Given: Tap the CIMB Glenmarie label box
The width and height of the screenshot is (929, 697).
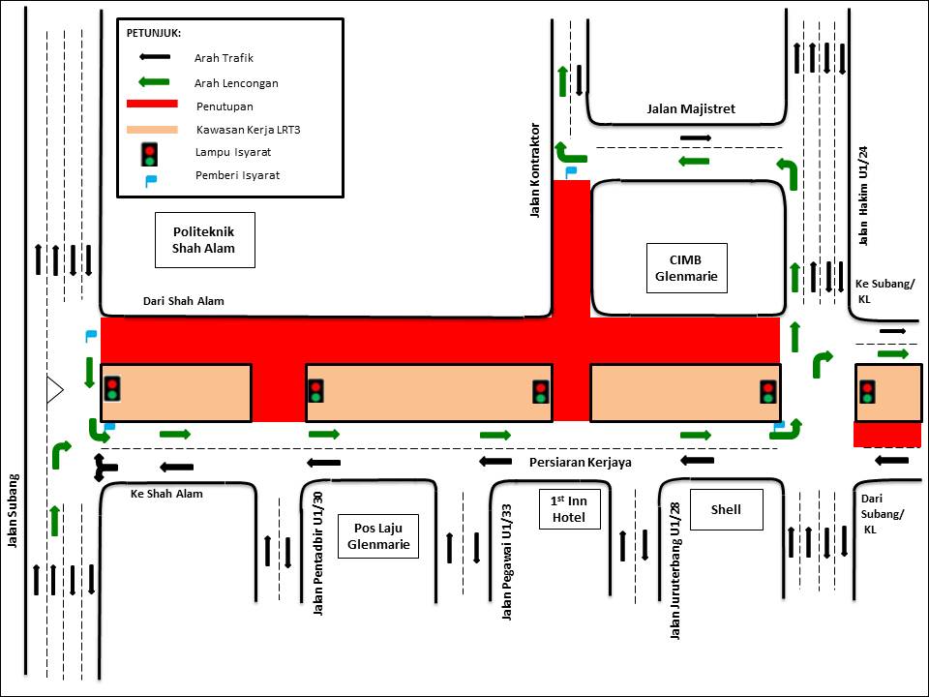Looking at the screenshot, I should tap(687, 268).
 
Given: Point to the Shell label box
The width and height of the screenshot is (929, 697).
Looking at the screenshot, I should tap(725, 509).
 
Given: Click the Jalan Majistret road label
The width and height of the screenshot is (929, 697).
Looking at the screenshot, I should tap(691, 109).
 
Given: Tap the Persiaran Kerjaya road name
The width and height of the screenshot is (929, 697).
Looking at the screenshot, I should tap(581, 463).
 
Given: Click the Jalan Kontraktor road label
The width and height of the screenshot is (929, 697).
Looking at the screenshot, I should tap(534, 170).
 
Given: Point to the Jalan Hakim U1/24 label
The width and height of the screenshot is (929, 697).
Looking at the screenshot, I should tap(864, 197).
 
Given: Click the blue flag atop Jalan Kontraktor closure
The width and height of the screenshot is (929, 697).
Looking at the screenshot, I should tap(571, 172).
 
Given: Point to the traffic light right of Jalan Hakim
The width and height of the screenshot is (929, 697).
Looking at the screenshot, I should tap(867, 391).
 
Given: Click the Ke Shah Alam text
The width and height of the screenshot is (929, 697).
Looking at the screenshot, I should tap(166, 494).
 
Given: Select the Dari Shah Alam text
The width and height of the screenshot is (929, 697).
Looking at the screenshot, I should tap(184, 301).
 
